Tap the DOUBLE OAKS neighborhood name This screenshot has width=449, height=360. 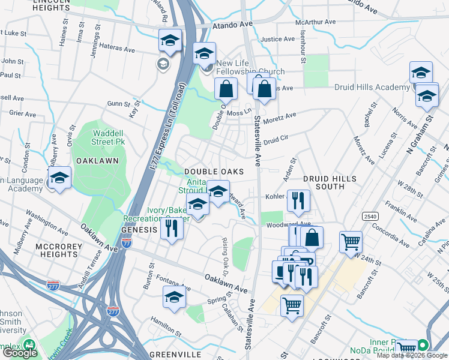214,172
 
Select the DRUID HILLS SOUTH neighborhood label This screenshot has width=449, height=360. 329,182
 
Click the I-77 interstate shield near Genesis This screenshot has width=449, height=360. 126,242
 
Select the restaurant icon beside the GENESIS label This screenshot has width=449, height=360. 172,228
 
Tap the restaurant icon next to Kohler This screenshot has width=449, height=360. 298,200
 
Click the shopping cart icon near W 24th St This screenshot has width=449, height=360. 351,242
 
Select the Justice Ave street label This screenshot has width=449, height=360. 278,40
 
